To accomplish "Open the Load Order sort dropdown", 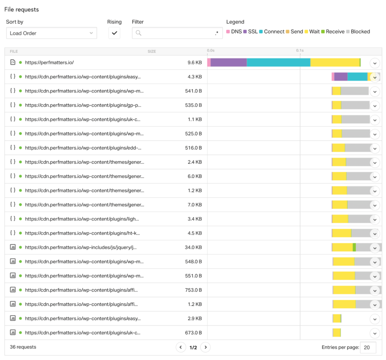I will [x=51, y=33].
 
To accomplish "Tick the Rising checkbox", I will [x=114, y=33].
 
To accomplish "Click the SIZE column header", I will [x=152, y=51].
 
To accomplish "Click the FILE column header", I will [x=14, y=51].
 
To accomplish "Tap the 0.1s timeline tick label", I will [x=300, y=50].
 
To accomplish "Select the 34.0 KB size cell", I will [x=193, y=248].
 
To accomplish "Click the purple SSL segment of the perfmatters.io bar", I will [x=228, y=63].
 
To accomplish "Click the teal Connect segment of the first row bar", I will [x=279, y=63].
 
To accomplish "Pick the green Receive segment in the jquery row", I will [x=354, y=248].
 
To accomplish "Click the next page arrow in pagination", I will [x=205, y=347].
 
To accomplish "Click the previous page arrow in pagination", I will [x=181, y=347].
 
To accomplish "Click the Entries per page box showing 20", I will [x=368, y=347].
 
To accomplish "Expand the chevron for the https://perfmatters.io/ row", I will [x=375, y=63].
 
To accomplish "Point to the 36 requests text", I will [x=23, y=347].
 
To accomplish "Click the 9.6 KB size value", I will [x=195, y=63].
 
